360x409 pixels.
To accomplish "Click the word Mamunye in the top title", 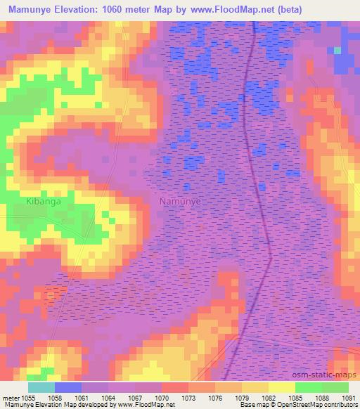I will [31, 9].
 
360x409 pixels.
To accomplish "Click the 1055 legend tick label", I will [27, 397].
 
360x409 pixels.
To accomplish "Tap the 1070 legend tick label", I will [161, 397].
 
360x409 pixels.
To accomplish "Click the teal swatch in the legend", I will [41, 387].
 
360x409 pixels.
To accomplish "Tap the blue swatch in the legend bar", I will [67, 387].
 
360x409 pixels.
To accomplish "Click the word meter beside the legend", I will [9, 397].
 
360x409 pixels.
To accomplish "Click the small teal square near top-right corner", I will [337, 51].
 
